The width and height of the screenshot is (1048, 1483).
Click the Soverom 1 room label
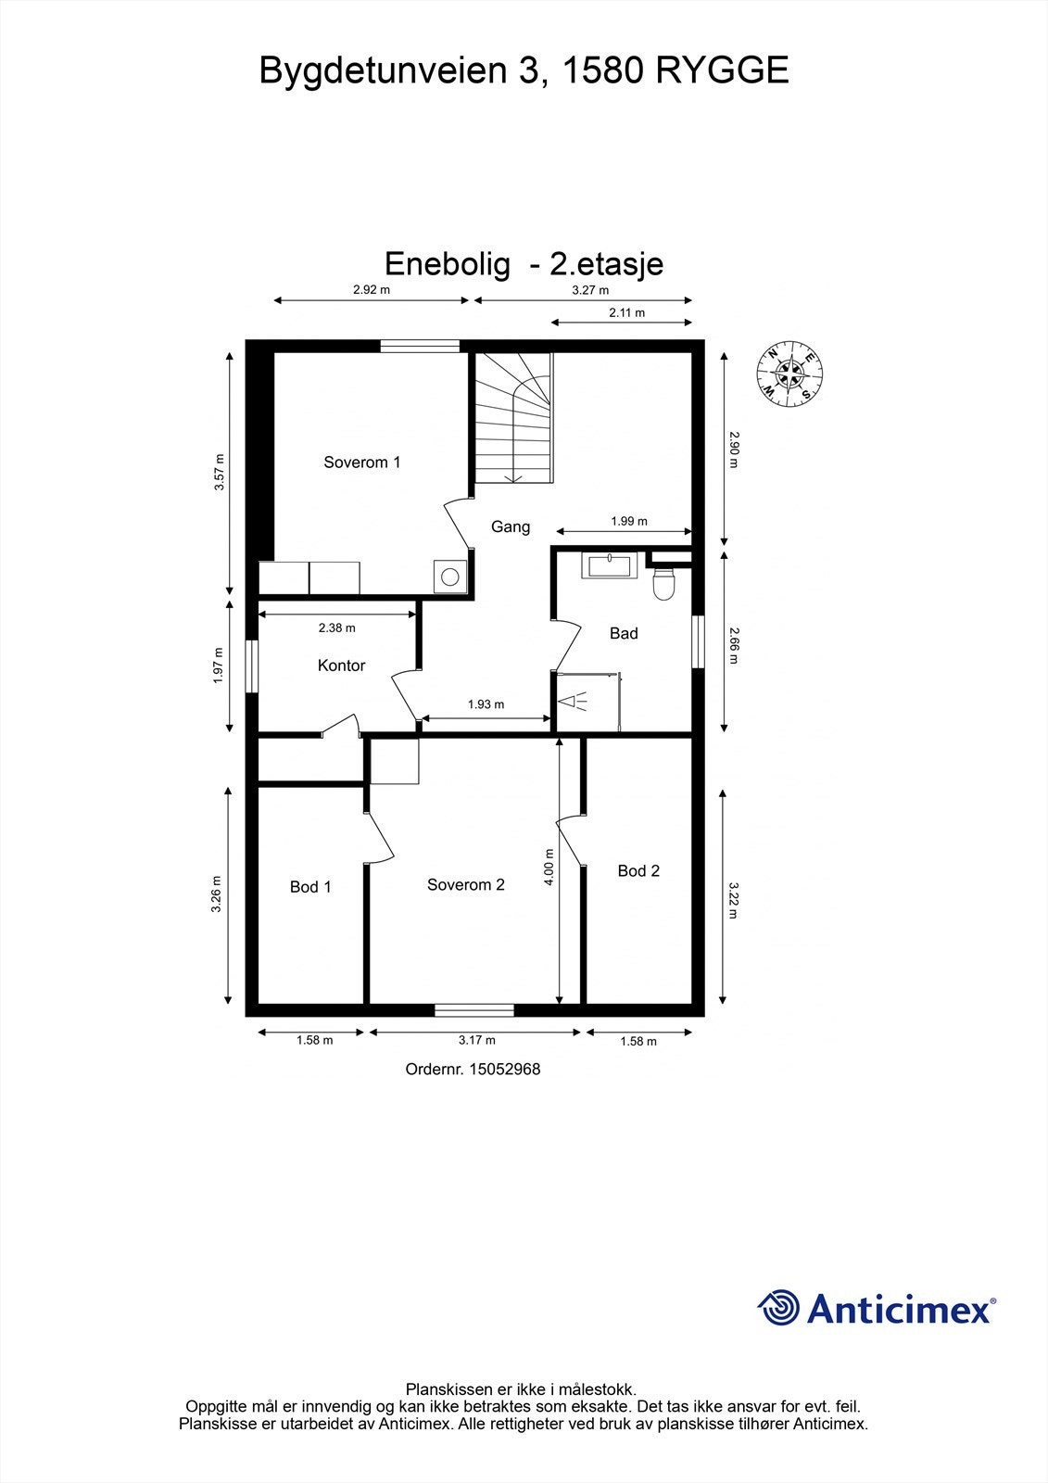click(x=361, y=462)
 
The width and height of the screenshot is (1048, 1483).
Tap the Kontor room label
click(x=341, y=665)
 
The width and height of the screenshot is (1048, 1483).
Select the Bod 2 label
click(x=638, y=870)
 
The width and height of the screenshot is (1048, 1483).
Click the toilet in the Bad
click(x=664, y=584)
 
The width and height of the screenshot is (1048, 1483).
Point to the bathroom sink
click(x=610, y=564)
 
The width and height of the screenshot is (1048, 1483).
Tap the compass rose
click(x=789, y=374)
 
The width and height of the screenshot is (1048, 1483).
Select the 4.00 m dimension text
click(x=549, y=868)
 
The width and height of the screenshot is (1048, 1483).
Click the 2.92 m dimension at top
click(x=372, y=289)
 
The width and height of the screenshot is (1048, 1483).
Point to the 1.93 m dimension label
click(x=486, y=704)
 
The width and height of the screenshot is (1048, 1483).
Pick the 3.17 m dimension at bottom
click(x=476, y=1040)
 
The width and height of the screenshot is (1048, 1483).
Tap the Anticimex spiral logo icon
click(x=778, y=1308)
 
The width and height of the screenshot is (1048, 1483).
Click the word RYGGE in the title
click(x=723, y=70)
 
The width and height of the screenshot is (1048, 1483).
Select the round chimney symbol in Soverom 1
click(x=449, y=577)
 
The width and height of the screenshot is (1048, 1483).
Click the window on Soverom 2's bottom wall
click(x=474, y=1009)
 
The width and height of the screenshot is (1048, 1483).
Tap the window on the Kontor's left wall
click(x=251, y=665)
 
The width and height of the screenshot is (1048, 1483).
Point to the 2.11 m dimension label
click(x=626, y=312)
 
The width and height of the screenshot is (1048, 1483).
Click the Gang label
click(x=511, y=526)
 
